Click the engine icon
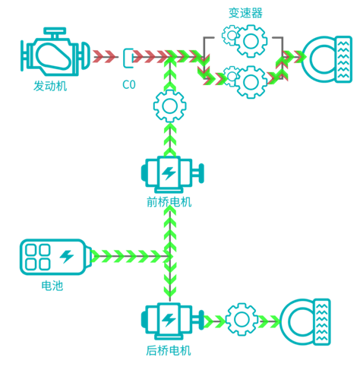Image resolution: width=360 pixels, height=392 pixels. pyautogui.click(x=55, y=52)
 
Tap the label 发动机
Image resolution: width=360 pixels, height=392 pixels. pyautogui.click(x=50, y=86)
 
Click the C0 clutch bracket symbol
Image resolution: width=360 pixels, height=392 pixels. pyautogui.click(x=128, y=58)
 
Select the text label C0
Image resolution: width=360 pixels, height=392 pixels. pyautogui.click(x=129, y=85)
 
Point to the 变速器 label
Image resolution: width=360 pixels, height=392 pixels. pyautogui.click(x=245, y=13)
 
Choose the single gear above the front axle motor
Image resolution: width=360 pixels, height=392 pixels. pyautogui.click(x=170, y=106)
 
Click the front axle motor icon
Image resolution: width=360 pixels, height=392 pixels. pyautogui.click(x=172, y=174)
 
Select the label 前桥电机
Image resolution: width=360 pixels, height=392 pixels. pyautogui.click(x=169, y=202)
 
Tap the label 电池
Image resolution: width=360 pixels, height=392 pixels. pyautogui.click(x=52, y=286)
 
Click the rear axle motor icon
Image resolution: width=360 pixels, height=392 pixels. pyautogui.click(x=172, y=321)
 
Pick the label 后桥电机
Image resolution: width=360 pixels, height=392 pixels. pyautogui.click(x=169, y=351)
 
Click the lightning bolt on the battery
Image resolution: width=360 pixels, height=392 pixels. pyautogui.click(x=67, y=257)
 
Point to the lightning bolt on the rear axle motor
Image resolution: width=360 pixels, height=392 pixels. pyautogui.click(x=169, y=320)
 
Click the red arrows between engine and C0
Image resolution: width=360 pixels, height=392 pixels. pyautogui.click(x=104, y=57)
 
